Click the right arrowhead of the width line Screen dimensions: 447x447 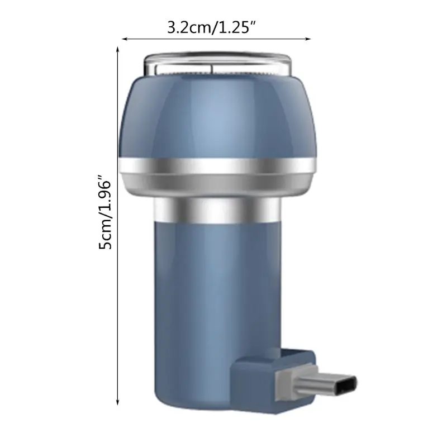tap(308, 39)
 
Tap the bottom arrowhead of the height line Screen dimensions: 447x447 tap(118, 401)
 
